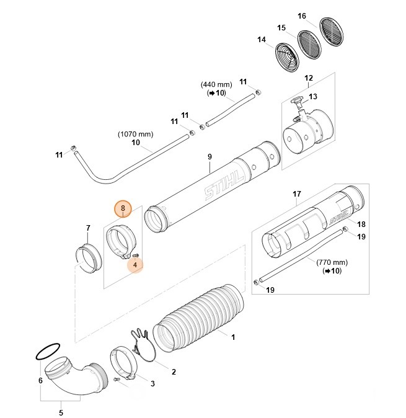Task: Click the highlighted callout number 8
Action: [123, 208]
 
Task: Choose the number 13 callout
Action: [313, 96]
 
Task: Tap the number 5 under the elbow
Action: [61, 412]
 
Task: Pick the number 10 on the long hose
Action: [136, 143]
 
